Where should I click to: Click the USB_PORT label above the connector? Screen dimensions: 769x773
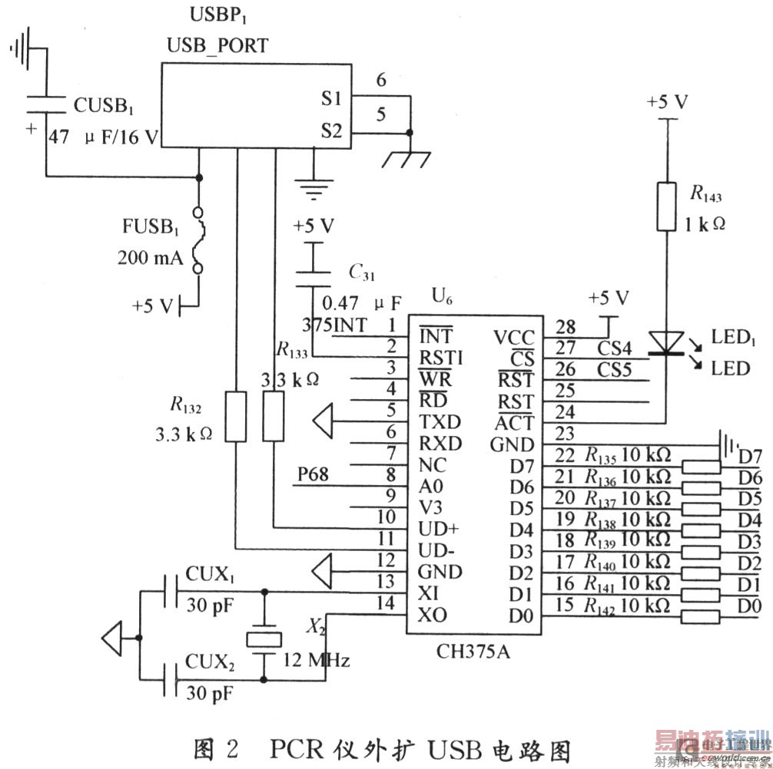(217, 45)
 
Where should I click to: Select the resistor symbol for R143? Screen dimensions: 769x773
(667, 206)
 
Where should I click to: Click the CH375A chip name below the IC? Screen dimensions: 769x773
(474, 652)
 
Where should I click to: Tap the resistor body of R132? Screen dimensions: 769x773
(236, 416)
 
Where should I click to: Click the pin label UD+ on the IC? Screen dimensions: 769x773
(440, 529)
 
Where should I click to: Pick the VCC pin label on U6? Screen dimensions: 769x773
(514, 336)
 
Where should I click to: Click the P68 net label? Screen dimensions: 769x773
(313, 474)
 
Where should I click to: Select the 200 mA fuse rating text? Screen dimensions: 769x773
(151, 258)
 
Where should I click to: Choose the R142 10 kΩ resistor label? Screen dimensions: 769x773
(626, 605)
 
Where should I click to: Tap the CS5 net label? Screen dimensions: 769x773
(615, 370)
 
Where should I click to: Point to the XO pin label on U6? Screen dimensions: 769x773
(433, 615)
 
